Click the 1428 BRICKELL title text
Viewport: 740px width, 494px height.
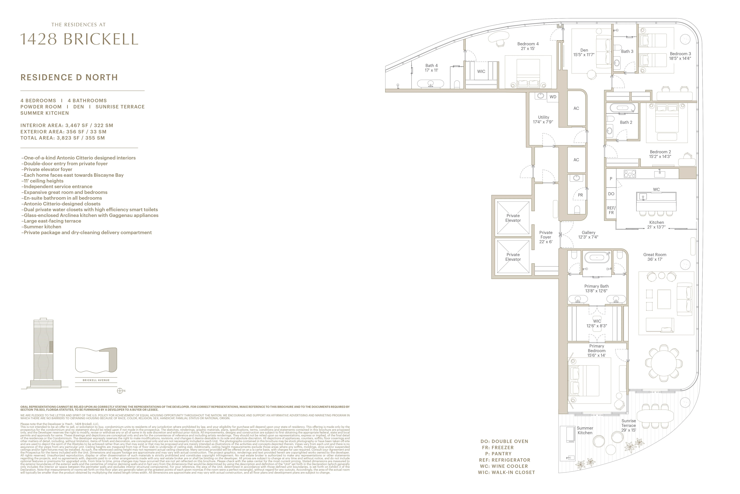coord(79,39)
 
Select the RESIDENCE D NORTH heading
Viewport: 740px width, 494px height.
coord(69,78)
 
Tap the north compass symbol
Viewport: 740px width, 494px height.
coord(119,391)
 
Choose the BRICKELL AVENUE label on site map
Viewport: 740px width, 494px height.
coord(96,380)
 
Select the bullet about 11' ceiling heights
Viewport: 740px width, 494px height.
coord(42,181)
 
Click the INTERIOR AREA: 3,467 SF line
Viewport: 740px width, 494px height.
coord(67,125)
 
